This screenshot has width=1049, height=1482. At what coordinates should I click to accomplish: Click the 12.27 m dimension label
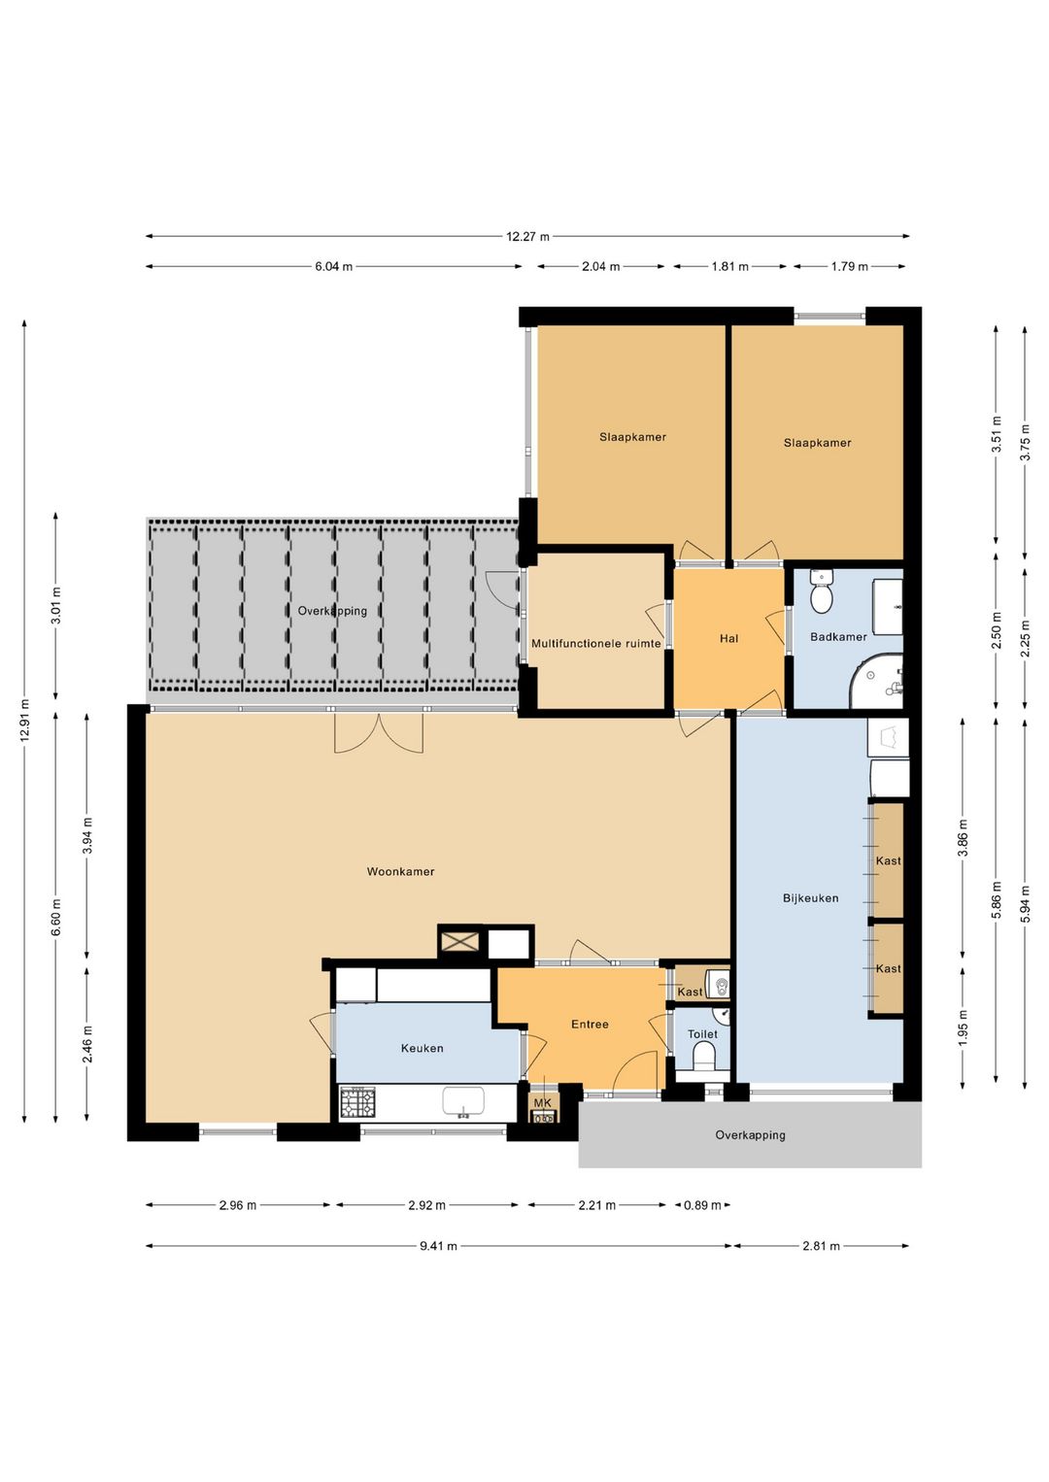coord(527,236)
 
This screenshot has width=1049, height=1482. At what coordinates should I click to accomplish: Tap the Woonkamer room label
coord(400,871)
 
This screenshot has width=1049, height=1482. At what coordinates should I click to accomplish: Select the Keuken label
coord(423,1048)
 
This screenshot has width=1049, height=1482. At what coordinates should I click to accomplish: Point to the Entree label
coord(590,1025)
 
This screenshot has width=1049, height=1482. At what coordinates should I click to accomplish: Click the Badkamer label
coord(838,636)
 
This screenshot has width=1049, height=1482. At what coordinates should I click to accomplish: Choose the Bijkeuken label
coord(811,897)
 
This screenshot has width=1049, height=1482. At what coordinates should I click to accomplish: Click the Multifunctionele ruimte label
coord(596,643)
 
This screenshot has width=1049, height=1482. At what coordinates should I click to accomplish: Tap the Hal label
coord(728,638)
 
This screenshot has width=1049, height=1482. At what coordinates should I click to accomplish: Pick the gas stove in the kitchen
coord(357,1103)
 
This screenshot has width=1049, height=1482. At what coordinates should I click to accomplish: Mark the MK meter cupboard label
coord(543,1102)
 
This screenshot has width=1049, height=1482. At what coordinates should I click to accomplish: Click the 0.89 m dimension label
coord(702,1205)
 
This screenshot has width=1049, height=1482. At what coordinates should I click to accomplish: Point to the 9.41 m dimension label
coord(438,1246)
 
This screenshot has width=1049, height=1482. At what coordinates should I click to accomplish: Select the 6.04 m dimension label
coord(333,267)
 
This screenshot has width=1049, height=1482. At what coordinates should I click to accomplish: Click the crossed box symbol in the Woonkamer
coord(460,941)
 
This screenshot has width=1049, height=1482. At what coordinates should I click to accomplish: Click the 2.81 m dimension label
coord(821,1246)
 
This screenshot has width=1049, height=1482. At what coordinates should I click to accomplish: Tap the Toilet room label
coord(702,1034)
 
